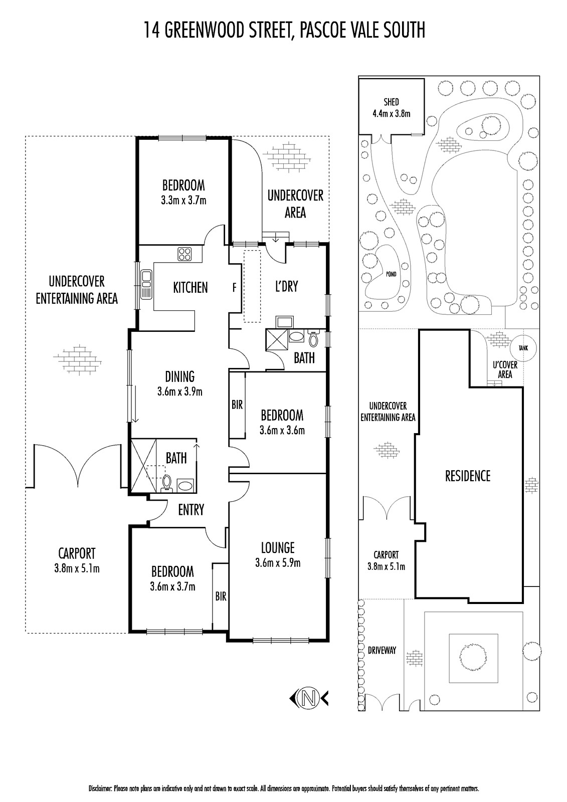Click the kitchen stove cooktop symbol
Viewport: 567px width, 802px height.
184,254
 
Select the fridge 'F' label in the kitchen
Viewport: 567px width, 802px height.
235,287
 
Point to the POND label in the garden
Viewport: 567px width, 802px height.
391,274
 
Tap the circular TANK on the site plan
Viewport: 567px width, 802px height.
523,348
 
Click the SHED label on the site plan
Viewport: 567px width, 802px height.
391,102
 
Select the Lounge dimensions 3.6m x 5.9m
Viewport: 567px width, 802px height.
278,563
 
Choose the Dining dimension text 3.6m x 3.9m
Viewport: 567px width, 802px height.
180,391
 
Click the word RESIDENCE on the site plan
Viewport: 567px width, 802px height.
467,476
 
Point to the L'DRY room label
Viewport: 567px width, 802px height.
287,286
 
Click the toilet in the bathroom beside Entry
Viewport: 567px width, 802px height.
166,483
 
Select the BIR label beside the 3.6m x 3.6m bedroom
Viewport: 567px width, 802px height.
237,405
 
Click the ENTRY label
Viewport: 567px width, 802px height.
191,509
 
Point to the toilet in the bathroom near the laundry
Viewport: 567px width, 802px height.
313,338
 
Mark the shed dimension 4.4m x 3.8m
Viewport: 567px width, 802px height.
391,114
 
